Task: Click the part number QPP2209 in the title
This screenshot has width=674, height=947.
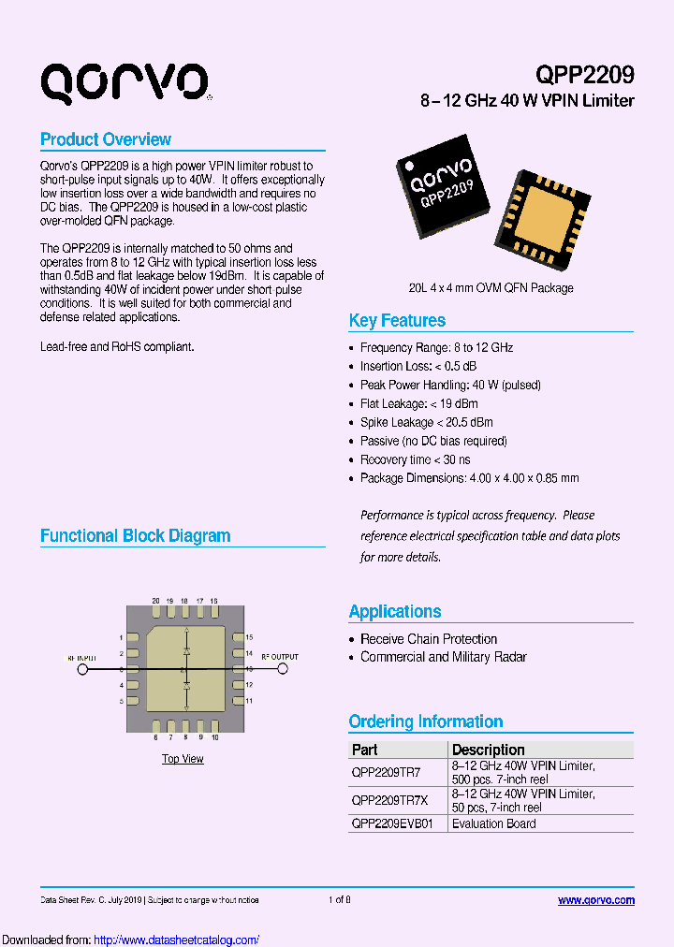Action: click(585, 75)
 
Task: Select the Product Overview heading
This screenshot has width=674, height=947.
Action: click(106, 139)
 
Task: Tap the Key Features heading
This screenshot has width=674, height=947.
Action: click(397, 320)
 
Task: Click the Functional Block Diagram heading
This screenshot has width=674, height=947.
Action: click(135, 535)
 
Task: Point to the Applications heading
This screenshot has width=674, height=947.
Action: click(394, 611)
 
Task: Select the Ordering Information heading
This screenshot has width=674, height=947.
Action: click(425, 721)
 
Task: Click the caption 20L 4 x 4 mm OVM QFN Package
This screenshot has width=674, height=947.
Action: click(491, 288)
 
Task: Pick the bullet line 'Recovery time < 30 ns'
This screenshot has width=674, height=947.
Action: click(415, 459)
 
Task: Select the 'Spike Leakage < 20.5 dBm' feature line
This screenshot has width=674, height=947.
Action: click(426, 422)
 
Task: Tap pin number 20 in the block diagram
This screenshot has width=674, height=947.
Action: click(155, 601)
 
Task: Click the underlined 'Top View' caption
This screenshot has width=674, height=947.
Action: click(183, 759)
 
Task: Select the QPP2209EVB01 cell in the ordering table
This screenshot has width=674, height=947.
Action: click(391, 823)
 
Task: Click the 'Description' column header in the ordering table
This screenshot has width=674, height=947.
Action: click(488, 750)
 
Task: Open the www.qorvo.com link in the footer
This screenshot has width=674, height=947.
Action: click(596, 900)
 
